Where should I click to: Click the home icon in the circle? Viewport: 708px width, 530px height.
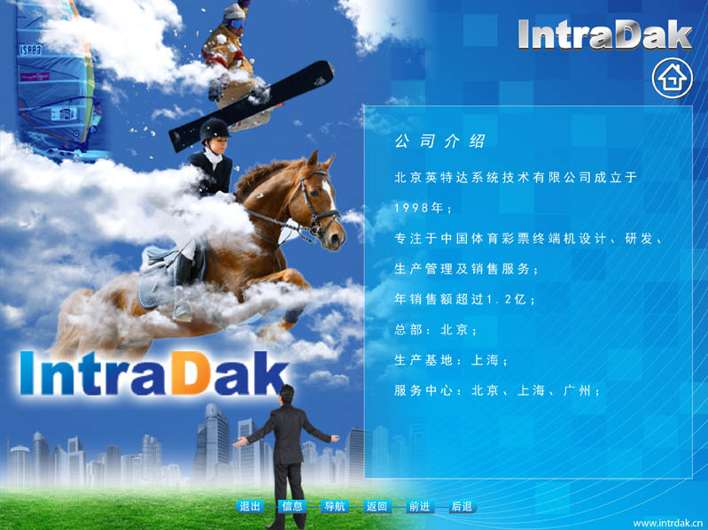point(673,78)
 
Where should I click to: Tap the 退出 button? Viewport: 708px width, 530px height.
point(250,507)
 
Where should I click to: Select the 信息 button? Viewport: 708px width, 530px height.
point(292,507)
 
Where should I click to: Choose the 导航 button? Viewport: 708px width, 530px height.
point(335,507)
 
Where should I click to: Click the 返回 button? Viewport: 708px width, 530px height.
point(377,507)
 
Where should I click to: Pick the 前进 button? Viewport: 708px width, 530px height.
point(419,507)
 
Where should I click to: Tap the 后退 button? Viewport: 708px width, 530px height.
point(462,507)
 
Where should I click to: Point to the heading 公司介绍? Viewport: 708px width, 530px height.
point(440,141)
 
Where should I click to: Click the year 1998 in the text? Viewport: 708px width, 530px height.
point(411,208)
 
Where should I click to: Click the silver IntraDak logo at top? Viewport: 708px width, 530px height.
point(604,35)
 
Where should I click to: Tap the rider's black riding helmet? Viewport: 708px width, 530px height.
point(214,130)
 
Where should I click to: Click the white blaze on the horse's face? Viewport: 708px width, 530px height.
point(330,195)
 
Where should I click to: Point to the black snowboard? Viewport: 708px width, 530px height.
point(252,106)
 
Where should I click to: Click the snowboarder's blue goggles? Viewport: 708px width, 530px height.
point(235,22)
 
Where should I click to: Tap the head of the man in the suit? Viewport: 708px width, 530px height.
point(286,396)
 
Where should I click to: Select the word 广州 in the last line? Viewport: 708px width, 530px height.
point(577,390)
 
